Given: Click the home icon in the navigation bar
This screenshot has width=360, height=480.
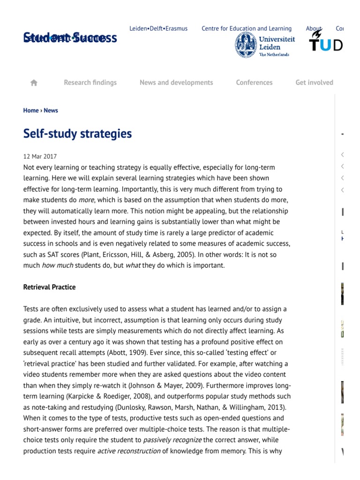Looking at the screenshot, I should (34, 82).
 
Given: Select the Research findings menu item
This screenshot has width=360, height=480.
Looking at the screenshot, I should (90, 82).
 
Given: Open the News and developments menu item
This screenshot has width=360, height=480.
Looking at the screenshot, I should (176, 82).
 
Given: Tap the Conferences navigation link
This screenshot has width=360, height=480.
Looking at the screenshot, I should (254, 82).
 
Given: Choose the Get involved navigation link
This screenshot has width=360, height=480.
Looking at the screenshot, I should (314, 82).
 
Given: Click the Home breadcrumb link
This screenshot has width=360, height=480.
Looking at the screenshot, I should (31, 111).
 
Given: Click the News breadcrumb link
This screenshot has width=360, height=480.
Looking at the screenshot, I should (51, 111).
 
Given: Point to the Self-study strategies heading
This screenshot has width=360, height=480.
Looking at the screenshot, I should (77, 134).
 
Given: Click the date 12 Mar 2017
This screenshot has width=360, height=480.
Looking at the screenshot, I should (40, 157).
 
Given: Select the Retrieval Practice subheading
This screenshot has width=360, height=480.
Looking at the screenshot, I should (49, 287).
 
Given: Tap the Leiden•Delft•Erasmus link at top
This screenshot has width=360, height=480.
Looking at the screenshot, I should (158, 29).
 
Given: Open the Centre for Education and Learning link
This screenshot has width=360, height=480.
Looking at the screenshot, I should (247, 29).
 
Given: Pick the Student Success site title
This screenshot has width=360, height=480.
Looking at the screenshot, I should (70, 38).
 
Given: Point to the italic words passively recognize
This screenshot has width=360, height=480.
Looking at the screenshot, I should (172, 440).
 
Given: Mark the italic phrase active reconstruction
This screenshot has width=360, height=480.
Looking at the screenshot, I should (124, 451).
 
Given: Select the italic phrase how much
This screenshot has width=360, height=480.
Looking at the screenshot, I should (55, 265).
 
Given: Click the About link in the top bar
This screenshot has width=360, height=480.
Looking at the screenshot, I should (314, 29).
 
